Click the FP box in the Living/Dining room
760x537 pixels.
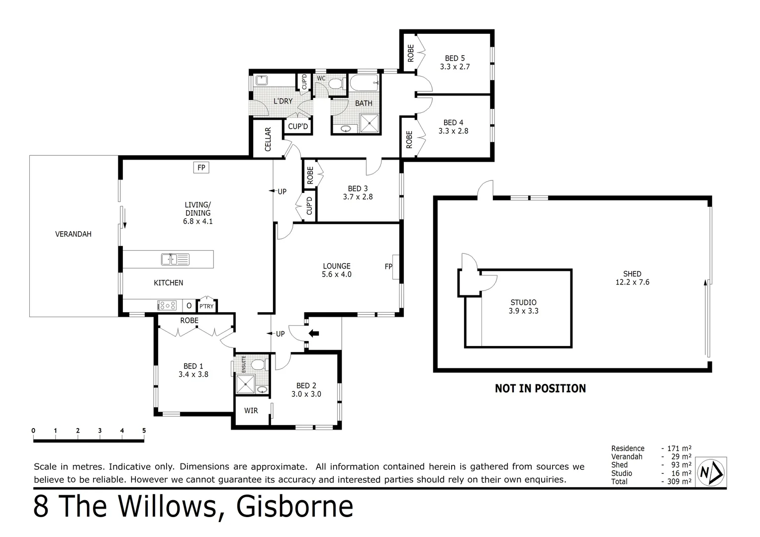(x=201, y=168)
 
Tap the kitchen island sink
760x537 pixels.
(x=175, y=259)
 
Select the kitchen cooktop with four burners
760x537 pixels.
(x=167, y=305)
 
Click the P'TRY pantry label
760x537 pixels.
(x=206, y=306)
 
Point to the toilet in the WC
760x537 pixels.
(x=335, y=83)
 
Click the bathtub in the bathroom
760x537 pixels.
(x=364, y=83)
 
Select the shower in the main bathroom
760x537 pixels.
(x=369, y=123)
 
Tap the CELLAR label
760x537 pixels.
(x=268, y=139)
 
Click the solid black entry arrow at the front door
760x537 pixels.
(x=314, y=333)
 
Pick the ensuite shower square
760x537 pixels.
(x=245, y=384)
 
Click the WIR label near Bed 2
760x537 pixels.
(x=251, y=410)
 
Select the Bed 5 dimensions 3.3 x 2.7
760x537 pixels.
(x=455, y=67)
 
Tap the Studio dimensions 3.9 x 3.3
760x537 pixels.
(x=523, y=311)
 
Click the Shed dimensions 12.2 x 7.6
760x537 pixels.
(x=632, y=282)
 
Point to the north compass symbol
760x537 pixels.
(x=711, y=471)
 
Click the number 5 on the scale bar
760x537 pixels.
(x=144, y=431)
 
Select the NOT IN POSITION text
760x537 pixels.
(x=540, y=388)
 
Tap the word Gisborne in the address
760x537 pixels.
(x=294, y=507)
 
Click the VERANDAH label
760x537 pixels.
(x=73, y=234)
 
